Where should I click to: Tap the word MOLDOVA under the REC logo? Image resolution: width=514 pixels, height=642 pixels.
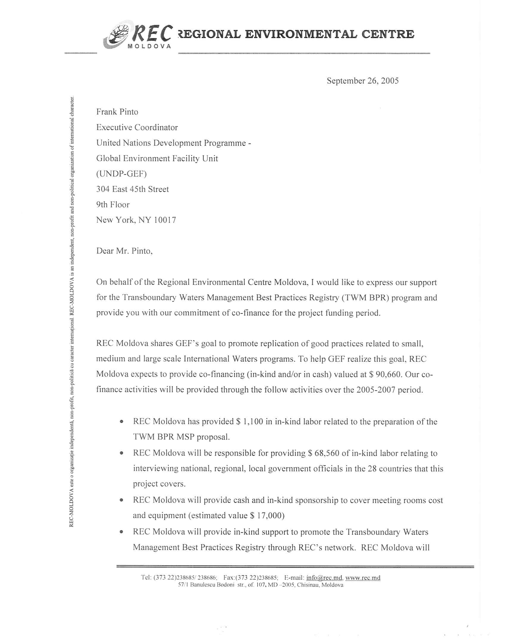(x=149, y=46)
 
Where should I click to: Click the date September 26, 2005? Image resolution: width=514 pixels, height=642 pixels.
(x=362, y=81)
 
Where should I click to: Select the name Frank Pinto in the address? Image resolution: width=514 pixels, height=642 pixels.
(x=117, y=112)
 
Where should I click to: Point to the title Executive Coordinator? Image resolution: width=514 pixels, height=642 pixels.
(x=137, y=128)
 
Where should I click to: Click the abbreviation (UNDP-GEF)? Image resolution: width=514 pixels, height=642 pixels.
(x=121, y=174)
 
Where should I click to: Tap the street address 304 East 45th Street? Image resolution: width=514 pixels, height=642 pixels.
(x=132, y=189)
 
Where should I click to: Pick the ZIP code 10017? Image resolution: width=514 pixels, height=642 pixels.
(x=165, y=220)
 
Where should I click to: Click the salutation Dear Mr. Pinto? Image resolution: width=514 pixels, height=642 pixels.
(x=124, y=251)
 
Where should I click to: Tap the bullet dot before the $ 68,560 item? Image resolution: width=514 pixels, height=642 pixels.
(x=121, y=453)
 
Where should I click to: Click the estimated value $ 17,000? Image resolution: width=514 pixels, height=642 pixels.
(x=267, y=515)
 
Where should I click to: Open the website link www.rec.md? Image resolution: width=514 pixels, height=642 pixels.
(x=363, y=578)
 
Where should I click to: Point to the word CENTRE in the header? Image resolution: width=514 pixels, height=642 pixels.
(x=388, y=34)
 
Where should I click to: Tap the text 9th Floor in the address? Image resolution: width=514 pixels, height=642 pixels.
(x=113, y=204)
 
